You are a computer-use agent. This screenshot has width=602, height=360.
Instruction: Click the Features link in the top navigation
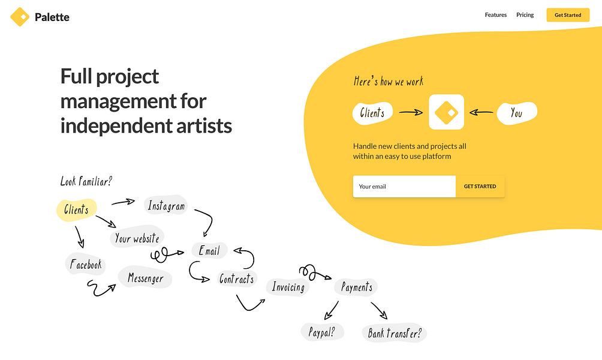click(x=496, y=15)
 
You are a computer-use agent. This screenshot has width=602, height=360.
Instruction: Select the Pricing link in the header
click(x=525, y=15)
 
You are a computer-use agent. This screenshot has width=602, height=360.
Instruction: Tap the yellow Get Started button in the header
click(x=568, y=15)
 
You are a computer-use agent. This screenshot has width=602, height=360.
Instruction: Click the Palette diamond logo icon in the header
click(x=20, y=17)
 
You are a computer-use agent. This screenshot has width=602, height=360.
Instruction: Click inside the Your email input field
click(x=404, y=187)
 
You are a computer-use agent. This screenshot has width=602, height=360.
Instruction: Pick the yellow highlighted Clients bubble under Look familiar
click(x=76, y=210)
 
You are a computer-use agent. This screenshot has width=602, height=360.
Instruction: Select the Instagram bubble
click(x=166, y=206)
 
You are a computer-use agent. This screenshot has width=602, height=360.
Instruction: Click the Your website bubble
click(x=137, y=238)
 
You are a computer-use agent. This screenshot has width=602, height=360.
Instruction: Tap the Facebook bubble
click(x=86, y=264)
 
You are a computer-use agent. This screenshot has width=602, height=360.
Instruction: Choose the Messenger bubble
click(x=145, y=277)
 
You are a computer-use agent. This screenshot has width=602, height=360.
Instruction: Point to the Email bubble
click(x=210, y=251)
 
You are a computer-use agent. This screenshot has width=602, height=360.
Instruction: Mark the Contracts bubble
click(x=236, y=278)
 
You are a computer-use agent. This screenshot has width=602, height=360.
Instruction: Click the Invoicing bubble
click(x=288, y=287)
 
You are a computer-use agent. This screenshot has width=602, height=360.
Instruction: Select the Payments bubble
click(x=356, y=287)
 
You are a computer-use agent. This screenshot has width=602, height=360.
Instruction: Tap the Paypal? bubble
click(x=322, y=332)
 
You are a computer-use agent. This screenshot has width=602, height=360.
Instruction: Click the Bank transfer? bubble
click(x=395, y=332)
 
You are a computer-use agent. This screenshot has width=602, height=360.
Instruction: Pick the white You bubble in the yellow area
click(x=517, y=113)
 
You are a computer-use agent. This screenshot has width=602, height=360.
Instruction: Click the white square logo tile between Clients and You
click(x=446, y=112)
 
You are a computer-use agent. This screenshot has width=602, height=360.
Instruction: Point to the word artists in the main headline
click(x=204, y=126)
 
